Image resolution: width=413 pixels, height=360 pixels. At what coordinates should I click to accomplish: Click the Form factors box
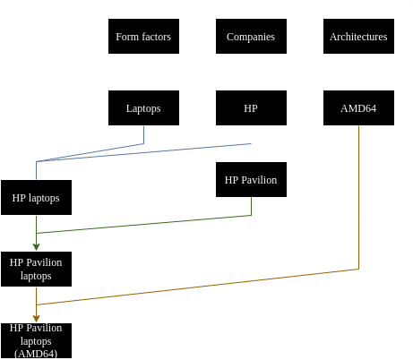point(143,36)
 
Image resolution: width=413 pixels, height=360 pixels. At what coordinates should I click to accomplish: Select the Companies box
point(251,36)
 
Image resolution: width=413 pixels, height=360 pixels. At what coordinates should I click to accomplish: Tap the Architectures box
point(358,36)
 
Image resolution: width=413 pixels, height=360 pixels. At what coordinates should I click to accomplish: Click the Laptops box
point(143,107)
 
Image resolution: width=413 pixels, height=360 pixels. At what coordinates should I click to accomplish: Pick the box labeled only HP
point(251,107)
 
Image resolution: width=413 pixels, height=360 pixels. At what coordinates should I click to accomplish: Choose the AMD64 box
point(358,107)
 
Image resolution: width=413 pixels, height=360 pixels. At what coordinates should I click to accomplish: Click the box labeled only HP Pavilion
point(251,179)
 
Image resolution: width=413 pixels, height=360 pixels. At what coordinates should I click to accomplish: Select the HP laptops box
point(36,197)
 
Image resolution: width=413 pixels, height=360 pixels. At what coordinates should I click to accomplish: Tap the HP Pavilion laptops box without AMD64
point(36,269)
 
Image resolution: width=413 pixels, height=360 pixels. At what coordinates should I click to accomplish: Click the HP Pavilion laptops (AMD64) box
point(36,340)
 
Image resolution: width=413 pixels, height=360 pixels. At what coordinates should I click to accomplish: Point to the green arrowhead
point(36,247)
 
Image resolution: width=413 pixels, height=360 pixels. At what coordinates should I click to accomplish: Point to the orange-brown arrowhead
point(36,319)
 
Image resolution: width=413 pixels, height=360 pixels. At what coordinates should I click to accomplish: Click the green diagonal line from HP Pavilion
point(143,224)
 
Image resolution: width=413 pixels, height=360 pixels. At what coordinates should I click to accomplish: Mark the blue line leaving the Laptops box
point(90,152)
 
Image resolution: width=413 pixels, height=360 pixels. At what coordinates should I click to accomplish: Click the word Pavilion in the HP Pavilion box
point(259,180)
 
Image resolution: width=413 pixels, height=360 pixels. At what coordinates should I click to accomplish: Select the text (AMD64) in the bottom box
point(36,354)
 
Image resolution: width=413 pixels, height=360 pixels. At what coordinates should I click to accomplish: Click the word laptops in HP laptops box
point(44,199)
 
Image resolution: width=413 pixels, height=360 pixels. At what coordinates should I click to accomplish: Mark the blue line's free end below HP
point(251,143)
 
